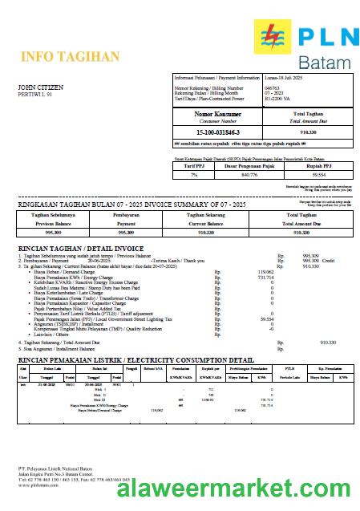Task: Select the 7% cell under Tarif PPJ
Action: [193, 173]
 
